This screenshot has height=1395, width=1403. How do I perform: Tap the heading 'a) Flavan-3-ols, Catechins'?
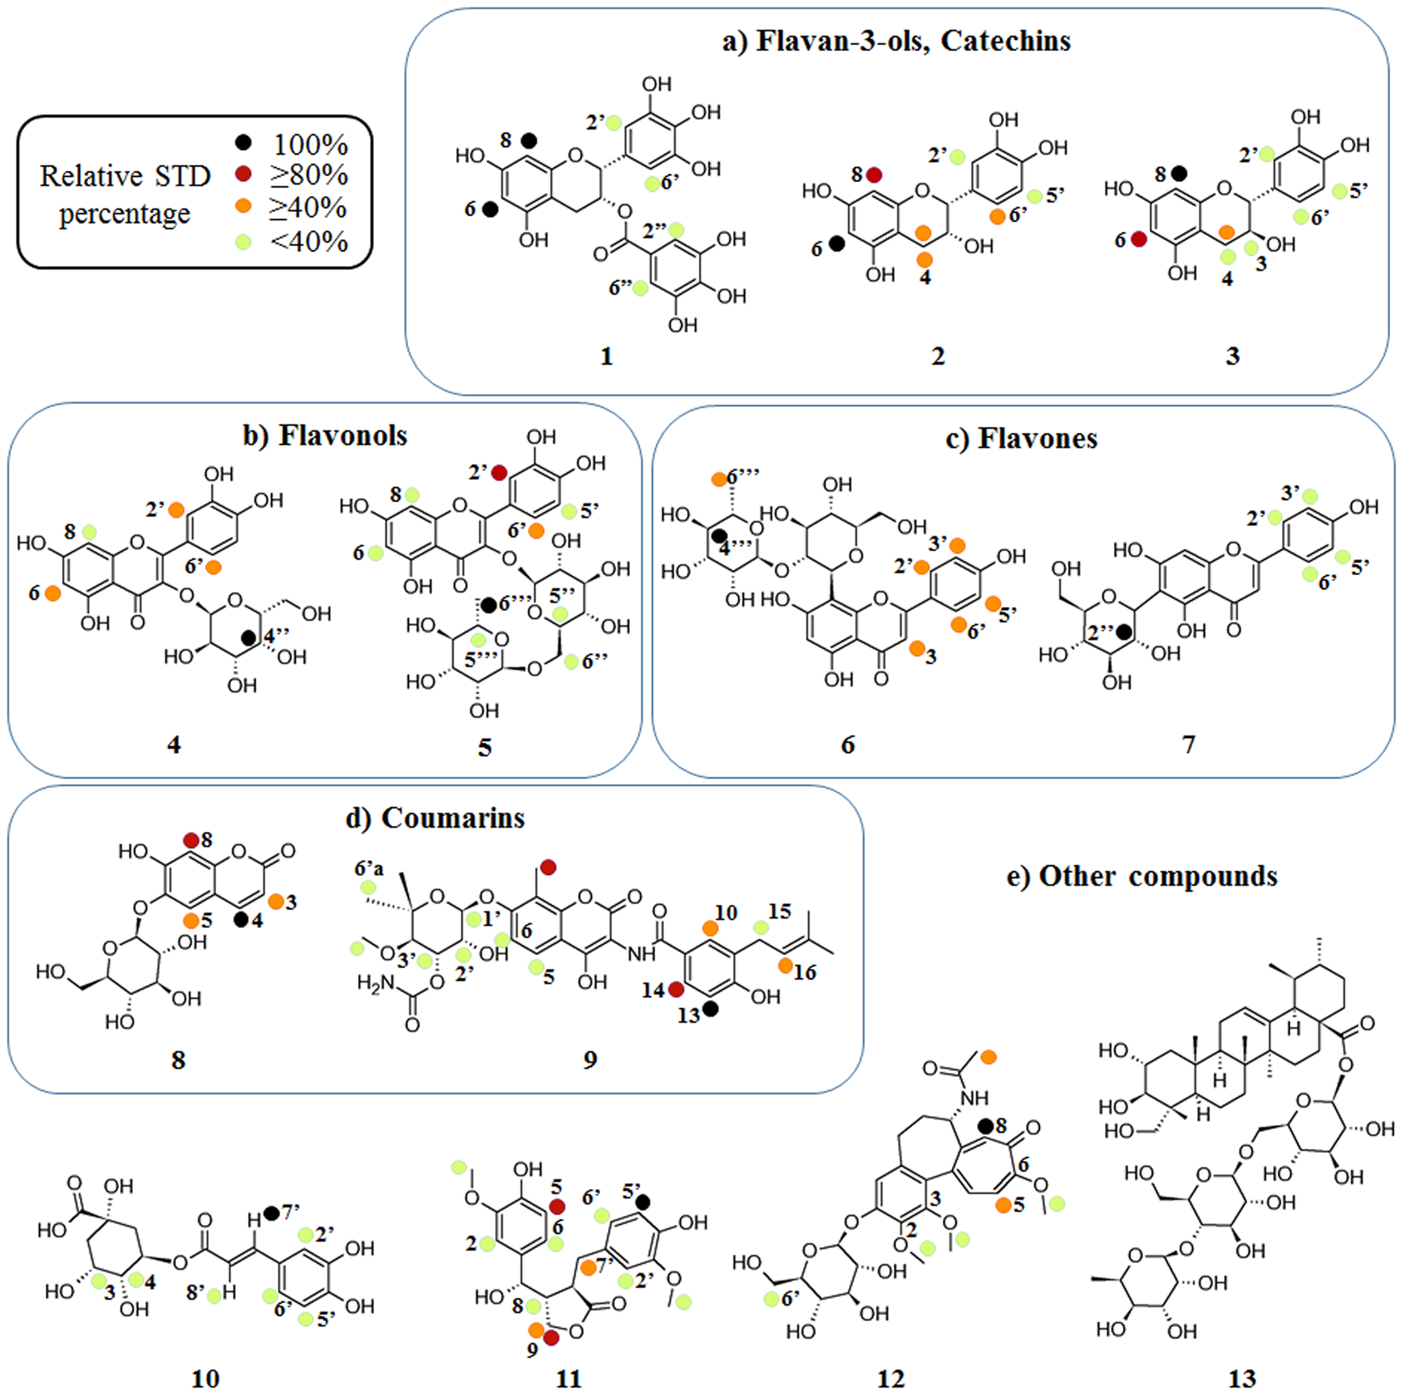tap(896, 41)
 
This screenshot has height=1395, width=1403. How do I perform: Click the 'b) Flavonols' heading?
tap(326, 436)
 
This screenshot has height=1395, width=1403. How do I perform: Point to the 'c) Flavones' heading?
tap(1021, 438)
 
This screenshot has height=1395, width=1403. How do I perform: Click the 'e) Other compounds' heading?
tap(1141, 876)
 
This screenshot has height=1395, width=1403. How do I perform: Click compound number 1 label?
tap(606, 356)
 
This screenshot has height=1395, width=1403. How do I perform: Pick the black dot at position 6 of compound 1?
tap(491, 208)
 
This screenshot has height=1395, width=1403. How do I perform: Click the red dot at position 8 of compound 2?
tap(874, 175)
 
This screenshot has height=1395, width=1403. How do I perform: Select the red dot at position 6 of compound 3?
tap(1139, 240)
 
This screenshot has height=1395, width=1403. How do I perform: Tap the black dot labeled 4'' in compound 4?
tap(247, 637)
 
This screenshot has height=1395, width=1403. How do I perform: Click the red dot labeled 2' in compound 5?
tap(499, 471)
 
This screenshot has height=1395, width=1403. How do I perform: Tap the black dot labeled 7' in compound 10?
tap(271, 1212)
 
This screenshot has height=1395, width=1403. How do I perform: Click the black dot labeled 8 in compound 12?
tap(986, 1126)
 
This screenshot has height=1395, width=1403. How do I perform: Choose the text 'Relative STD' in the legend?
tap(125, 176)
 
